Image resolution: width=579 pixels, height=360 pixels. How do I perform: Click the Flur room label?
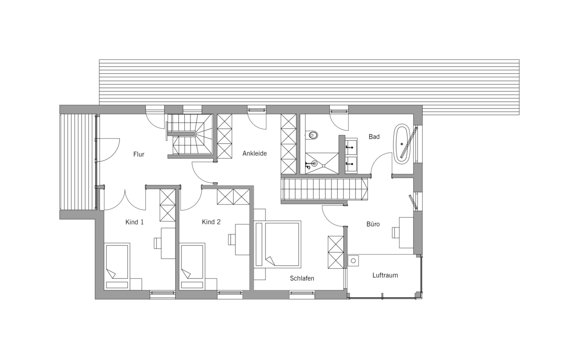(x=138, y=154)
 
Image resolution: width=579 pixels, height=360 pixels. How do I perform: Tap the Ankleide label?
(x=254, y=153)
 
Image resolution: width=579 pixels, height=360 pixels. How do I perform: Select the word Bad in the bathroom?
(x=374, y=137)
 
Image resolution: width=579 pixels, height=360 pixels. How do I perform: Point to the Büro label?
(x=373, y=224)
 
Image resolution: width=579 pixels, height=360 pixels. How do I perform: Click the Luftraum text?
(x=385, y=275)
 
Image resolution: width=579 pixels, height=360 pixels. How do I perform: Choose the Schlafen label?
(x=302, y=278)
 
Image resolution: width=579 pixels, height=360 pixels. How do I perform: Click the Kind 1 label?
(x=135, y=222)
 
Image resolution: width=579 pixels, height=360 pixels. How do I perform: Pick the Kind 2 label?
(x=211, y=222)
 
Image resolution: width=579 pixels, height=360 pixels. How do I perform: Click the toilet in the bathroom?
(x=312, y=135)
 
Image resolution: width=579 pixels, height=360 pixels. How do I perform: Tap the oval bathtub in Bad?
(x=401, y=144)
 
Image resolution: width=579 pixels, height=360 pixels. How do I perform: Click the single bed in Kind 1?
(x=117, y=266)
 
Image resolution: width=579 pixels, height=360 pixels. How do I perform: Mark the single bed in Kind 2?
(x=192, y=266)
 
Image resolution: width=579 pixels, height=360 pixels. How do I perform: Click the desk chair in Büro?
(x=396, y=232)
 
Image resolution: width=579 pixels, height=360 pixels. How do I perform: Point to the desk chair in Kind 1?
(x=158, y=243)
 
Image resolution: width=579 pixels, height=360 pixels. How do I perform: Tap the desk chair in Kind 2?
(x=232, y=239)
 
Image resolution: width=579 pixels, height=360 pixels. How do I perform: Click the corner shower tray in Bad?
(x=322, y=163)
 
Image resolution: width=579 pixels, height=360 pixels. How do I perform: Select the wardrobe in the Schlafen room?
(x=336, y=252)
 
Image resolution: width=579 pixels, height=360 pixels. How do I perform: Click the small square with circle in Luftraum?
(x=353, y=261)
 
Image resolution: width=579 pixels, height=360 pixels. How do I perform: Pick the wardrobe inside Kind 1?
(x=167, y=205)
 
